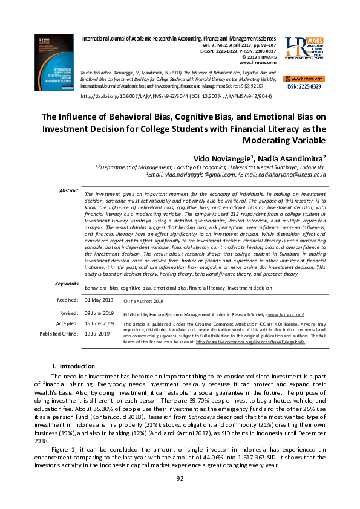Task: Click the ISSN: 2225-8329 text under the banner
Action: click(304, 86)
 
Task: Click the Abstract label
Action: click(68, 190)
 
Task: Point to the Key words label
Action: click(67, 284)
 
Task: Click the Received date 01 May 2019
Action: click(99, 300)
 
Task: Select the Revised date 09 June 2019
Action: click(99, 313)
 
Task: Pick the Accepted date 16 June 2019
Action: click(99, 323)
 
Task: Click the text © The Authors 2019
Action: click(143, 300)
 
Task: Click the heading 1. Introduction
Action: click(73, 366)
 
